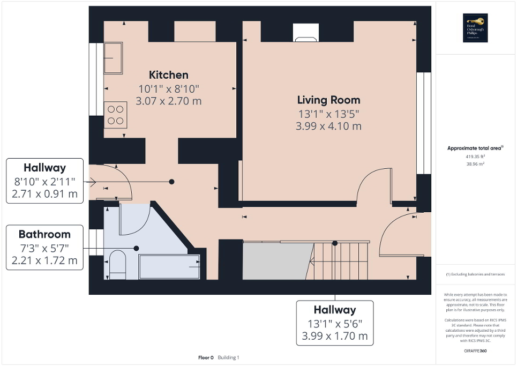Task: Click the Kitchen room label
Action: (168, 75)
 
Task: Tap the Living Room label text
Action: (328, 100)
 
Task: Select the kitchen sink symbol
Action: (113, 58)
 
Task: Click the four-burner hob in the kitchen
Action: (115, 114)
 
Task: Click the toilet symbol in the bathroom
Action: (117, 264)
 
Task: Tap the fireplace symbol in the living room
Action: (305, 39)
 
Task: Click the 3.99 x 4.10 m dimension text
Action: (328, 126)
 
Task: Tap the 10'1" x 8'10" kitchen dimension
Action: (169, 88)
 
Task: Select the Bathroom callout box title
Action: (44, 234)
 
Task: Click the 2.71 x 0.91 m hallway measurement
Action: (44, 193)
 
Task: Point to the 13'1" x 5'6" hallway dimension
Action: (335, 324)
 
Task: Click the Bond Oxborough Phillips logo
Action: (474, 28)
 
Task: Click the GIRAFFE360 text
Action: (475, 350)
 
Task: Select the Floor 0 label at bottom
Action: (206, 357)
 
